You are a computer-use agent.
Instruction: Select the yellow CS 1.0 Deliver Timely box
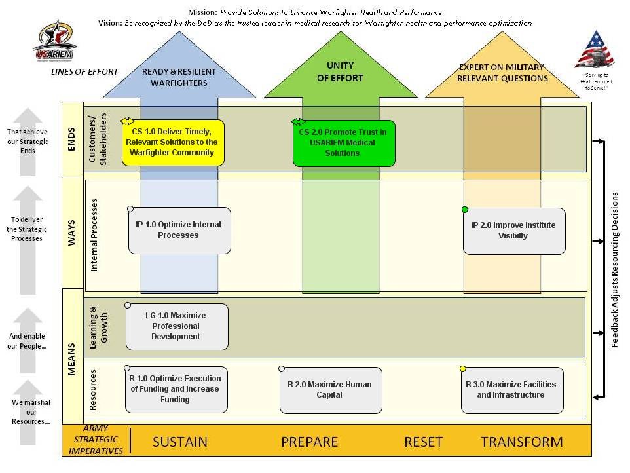[173, 142]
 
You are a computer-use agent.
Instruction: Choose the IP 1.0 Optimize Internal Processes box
[179, 230]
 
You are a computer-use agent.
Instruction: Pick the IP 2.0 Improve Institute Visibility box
[513, 231]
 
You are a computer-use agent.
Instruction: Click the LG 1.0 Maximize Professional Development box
[176, 326]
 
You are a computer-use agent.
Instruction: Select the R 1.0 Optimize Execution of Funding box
[176, 389]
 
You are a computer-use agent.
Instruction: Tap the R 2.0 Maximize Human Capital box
[330, 390]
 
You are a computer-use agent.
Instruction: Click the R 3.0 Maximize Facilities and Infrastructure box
[511, 390]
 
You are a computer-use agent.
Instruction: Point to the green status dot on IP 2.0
[465, 210]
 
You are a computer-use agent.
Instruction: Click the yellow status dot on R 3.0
[463, 369]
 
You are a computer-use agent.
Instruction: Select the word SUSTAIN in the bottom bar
[180, 442]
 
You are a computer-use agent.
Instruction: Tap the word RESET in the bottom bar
[423, 442]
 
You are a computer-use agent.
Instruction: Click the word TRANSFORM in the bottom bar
[521, 442]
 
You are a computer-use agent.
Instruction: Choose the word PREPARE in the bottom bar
[309, 442]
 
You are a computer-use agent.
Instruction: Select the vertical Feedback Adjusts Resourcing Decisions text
[615, 269]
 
